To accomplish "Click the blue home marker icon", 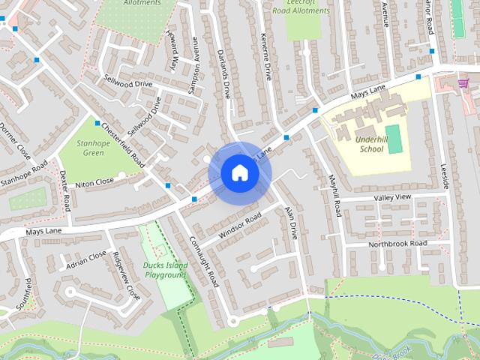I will tap(240, 172).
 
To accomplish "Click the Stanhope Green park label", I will tap(93, 147).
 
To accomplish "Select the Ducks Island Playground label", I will tap(164, 270).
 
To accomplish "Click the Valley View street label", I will tap(393, 197).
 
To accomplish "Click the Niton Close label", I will tap(94, 181).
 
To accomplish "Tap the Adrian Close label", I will tap(86, 259).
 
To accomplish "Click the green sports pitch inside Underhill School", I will tap(395, 139).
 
